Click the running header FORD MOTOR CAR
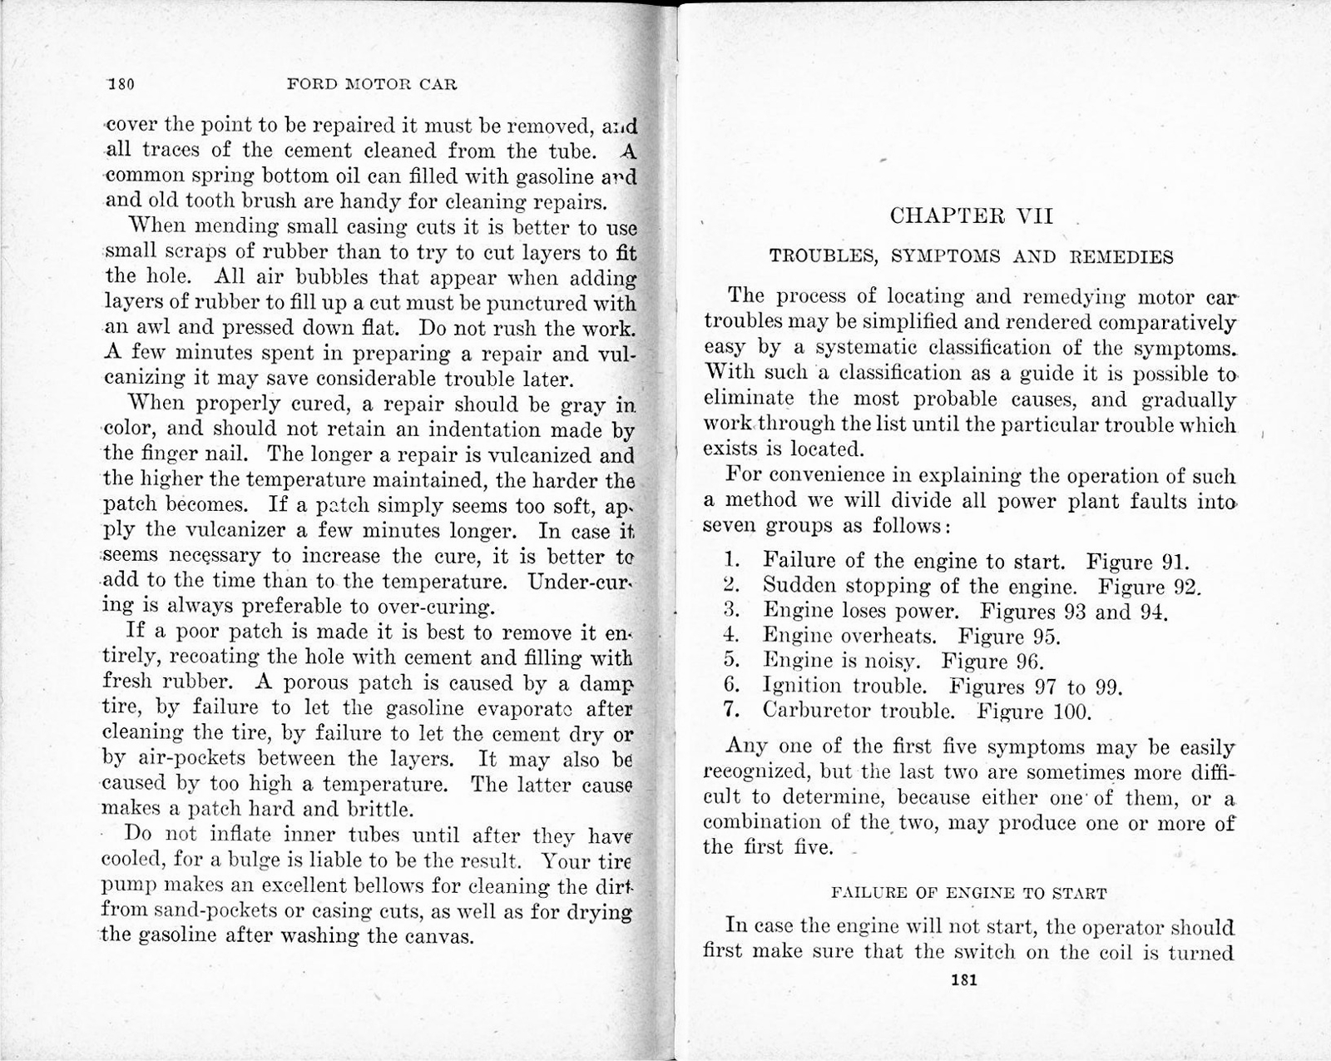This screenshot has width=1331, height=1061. [x=371, y=84]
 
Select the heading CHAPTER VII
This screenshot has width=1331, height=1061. [x=971, y=216]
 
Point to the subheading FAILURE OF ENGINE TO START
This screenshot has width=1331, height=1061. [x=969, y=894]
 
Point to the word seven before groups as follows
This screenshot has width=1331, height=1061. [x=730, y=526]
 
